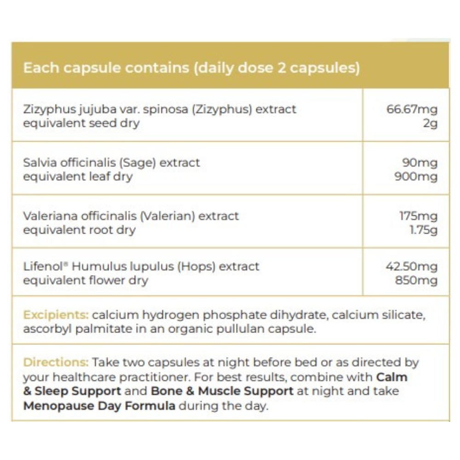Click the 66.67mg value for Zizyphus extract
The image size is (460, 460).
coord(412,109)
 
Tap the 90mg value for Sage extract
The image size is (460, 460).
coord(420,163)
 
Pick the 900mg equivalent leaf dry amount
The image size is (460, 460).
coord(416,177)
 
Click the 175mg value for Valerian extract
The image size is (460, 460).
coord(418,216)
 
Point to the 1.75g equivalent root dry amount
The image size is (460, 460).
coord(423,230)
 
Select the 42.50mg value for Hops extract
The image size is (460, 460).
coord(412,266)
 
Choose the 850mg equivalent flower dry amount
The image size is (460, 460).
coord(416,280)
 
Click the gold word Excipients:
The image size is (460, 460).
coord(56,315)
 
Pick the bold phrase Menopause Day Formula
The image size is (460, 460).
coord(99,406)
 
